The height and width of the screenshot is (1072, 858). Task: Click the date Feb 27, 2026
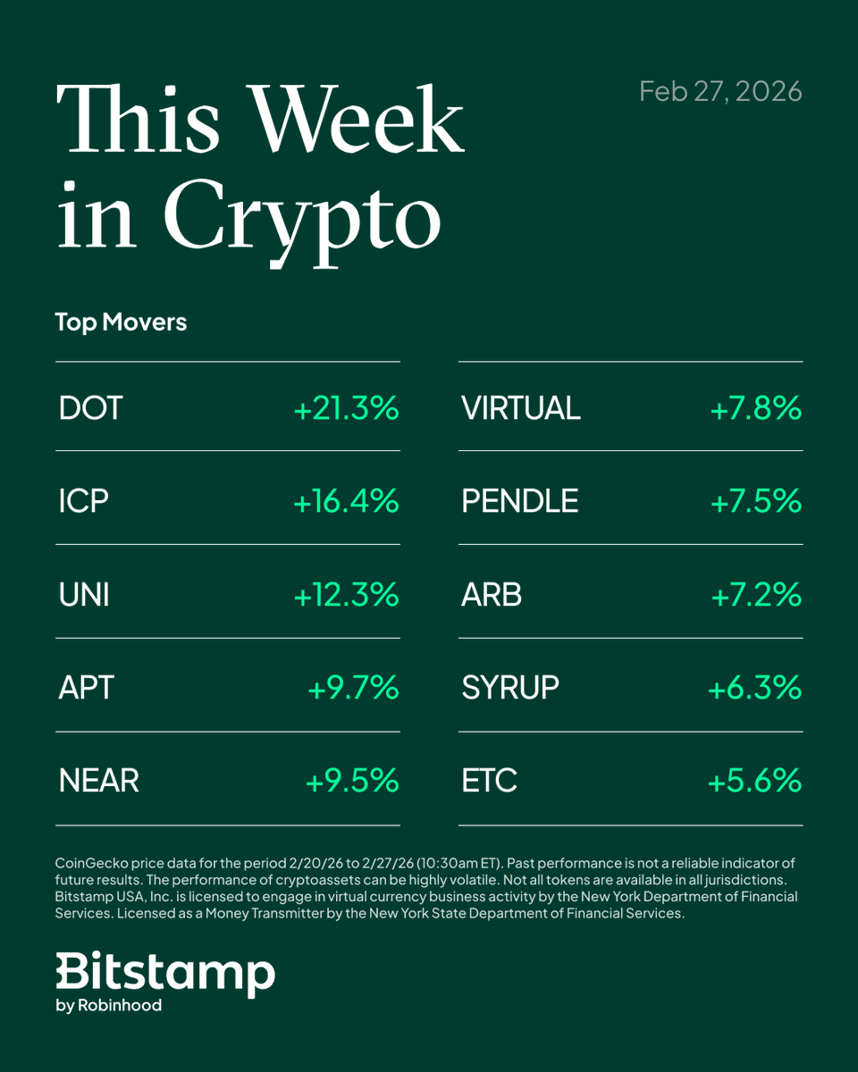coord(720,91)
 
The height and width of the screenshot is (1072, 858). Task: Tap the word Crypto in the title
coord(301,215)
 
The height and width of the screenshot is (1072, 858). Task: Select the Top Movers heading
coord(121,322)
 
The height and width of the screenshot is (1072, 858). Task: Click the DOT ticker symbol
coord(90,408)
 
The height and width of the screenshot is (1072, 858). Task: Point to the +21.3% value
coord(346,408)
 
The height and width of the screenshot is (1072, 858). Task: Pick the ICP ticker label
coord(83,501)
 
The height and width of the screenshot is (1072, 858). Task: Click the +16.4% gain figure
coord(346,501)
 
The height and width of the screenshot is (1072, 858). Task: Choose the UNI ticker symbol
coord(84,594)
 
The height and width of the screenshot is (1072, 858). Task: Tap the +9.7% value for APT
coord(353,688)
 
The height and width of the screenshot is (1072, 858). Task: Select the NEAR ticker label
coord(98,781)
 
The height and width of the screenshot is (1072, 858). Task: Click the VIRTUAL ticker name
coord(521,408)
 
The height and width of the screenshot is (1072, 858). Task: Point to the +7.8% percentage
coord(755,408)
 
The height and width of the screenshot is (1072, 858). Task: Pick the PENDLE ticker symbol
coord(520,501)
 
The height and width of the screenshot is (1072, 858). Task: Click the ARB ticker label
coord(492,594)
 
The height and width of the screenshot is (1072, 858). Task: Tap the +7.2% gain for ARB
coord(756,594)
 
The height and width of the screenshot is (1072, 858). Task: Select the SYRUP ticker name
coord(510,688)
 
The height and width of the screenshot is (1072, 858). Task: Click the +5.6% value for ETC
coord(754,781)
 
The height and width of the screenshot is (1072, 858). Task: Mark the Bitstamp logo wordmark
coord(165,972)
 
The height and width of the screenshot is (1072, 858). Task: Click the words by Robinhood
coord(109,1005)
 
